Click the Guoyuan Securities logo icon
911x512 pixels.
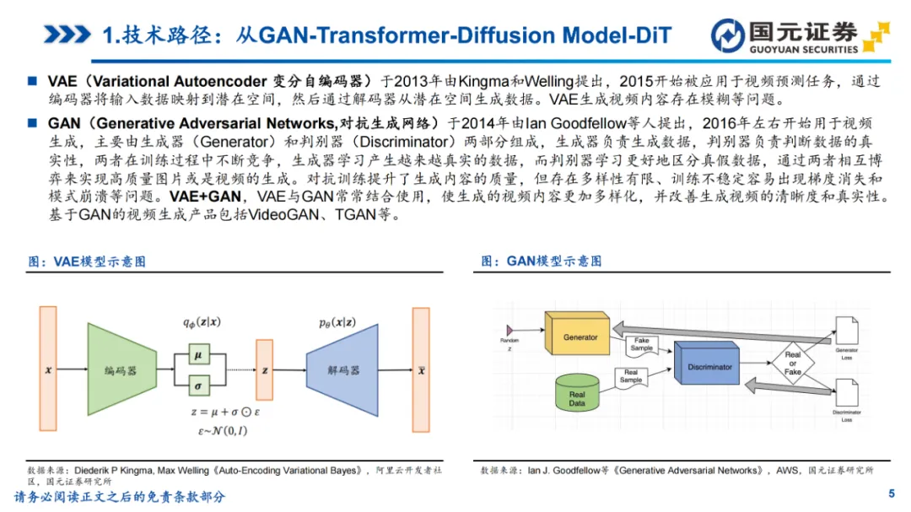point(727,35)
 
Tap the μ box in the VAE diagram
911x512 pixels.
point(198,356)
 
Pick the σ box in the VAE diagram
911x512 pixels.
point(198,385)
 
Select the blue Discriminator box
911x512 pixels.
point(710,368)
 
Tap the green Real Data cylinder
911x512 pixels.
point(577,394)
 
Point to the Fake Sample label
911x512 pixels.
point(643,344)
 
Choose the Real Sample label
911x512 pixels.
point(631,376)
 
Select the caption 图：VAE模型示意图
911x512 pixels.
point(86,261)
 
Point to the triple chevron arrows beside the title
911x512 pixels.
point(67,35)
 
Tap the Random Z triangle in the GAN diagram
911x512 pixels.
point(509,328)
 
